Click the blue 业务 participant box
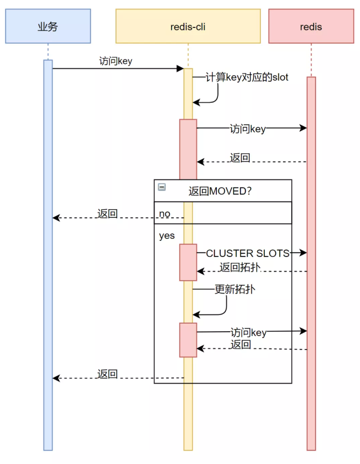(x=48, y=26)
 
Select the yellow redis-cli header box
(x=188, y=26)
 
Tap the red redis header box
(x=311, y=26)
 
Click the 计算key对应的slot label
(x=247, y=77)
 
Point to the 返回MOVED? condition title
(x=220, y=191)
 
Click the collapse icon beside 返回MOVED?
(x=161, y=187)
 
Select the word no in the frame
(x=165, y=213)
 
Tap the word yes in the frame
(x=167, y=236)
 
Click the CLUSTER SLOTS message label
(x=248, y=253)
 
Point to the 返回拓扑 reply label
(x=240, y=267)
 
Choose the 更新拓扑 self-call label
(x=235, y=289)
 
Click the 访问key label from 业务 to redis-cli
(x=116, y=61)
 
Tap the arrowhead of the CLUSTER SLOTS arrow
(x=303, y=253)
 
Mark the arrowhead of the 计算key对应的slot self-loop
(x=196, y=103)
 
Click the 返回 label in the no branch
(x=108, y=213)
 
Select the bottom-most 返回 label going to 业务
(x=108, y=374)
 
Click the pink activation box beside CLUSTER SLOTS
(x=188, y=262)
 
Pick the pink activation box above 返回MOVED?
(x=188, y=149)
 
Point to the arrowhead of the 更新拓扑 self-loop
(x=196, y=315)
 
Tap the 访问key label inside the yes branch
(x=249, y=333)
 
